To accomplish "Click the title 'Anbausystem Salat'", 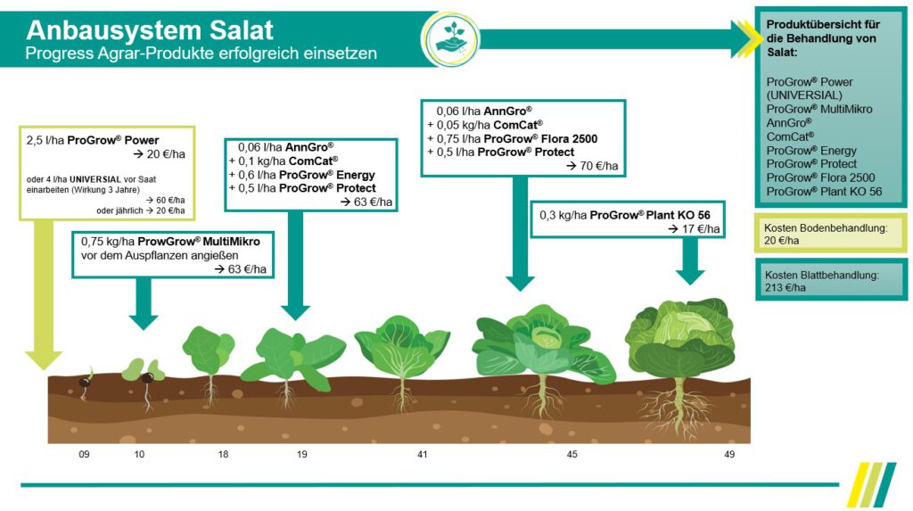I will click(x=150, y=30).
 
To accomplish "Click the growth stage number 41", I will click(x=422, y=455).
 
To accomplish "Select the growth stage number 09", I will click(x=84, y=455).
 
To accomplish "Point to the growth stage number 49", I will click(x=729, y=455).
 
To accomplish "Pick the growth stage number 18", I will click(x=223, y=455).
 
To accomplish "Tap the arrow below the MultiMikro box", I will click(x=143, y=304).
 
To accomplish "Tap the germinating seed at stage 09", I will click(x=86, y=381).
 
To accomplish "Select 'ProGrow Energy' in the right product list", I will click(x=811, y=150).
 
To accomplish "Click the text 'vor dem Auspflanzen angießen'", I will click(x=160, y=255).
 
